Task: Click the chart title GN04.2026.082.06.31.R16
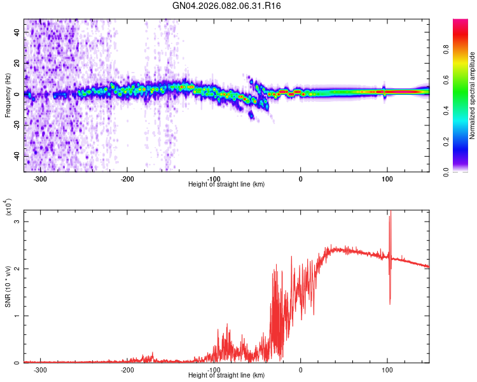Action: pos(227,6)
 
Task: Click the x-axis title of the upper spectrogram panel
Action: pos(226,184)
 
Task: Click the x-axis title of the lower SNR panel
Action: pos(226,375)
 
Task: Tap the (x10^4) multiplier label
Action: pos(8,208)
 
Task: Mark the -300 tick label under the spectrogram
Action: pos(40,178)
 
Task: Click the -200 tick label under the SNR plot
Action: pos(127,369)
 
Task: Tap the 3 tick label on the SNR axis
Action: pos(17,222)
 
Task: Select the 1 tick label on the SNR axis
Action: pos(17,316)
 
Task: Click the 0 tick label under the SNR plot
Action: pos(301,369)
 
